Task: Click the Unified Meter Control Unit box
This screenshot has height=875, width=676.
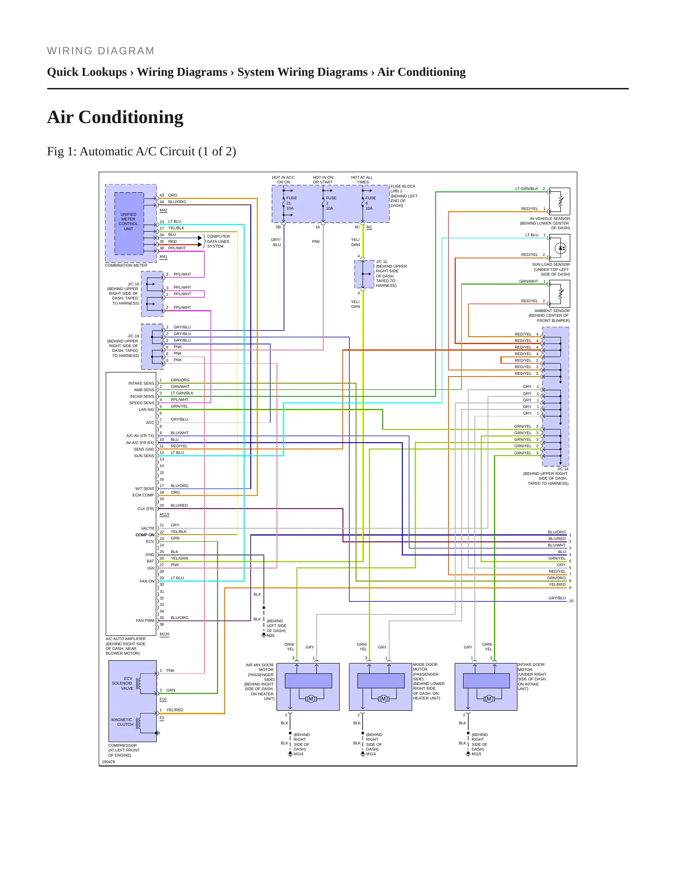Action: (x=129, y=224)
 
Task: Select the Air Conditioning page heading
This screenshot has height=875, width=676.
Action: (x=115, y=117)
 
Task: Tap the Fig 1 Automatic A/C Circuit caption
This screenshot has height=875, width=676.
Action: (x=141, y=152)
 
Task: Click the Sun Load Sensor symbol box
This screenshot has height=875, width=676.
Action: (x=560, y=248)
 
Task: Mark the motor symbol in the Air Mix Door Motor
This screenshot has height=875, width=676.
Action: (x=311, y=699)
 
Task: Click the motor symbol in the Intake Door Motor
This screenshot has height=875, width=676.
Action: (x=489, y=699)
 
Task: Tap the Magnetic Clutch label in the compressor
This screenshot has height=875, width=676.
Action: (x=122, y=722)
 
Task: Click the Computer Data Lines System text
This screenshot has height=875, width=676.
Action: (x=218, y=241)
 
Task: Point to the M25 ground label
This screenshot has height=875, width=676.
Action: (x=270, y=635)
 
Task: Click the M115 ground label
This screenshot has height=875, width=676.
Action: (x=476, y=754)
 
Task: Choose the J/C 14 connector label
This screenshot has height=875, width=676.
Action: (x=562, y=469)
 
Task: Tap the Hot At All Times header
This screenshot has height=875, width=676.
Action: (x=362, y=180)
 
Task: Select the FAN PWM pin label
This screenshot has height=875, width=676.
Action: (x=145, y=620)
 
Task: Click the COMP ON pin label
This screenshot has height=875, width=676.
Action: (x=145, y=535)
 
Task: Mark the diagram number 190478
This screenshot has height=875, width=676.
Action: (x=109, y=762)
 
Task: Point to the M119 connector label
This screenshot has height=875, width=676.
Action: (x=164, y=514)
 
